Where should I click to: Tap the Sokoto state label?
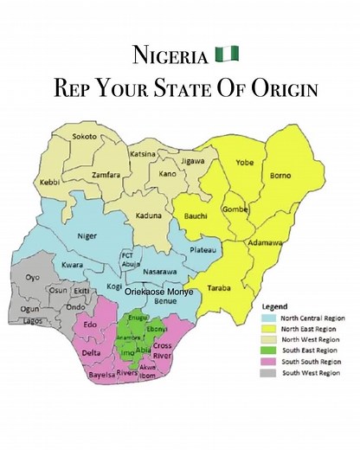click(84, 137)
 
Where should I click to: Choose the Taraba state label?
click(220, 288)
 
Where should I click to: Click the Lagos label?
click(33, 321)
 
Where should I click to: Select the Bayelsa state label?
click(102, 376)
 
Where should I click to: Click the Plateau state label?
click(202, 250)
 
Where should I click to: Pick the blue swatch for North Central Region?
click(268, 318)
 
